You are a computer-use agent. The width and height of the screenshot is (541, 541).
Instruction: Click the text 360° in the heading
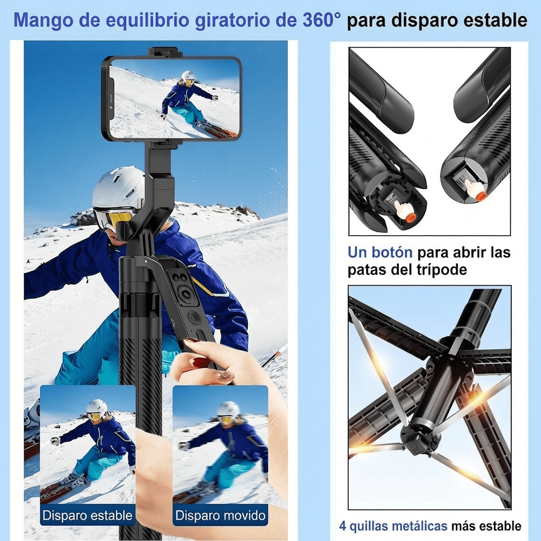pos(322,20)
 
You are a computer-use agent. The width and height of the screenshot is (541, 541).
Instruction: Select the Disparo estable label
pos(88,515)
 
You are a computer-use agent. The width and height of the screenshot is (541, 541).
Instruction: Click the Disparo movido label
pos(220,515)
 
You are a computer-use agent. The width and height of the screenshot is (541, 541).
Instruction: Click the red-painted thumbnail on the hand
pos(201,362)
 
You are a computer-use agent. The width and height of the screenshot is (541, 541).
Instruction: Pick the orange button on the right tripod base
pos(481,195)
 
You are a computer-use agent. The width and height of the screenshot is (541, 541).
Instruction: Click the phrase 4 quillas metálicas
pos(393,526)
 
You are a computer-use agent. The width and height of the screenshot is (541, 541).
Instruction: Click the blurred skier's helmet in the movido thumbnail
pos(229,409)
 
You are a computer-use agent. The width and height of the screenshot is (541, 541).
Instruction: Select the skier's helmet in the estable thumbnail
pos(97,406)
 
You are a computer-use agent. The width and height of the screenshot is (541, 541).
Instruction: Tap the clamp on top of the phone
pos(165,52)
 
